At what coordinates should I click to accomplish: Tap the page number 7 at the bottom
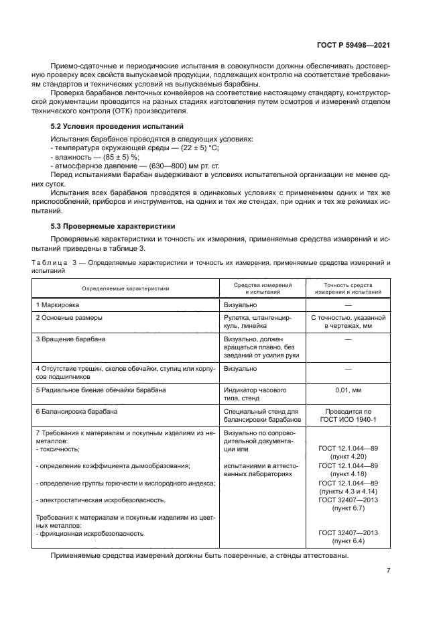click(x=389, y=571)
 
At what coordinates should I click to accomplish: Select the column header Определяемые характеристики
click(x=125, y=288)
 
